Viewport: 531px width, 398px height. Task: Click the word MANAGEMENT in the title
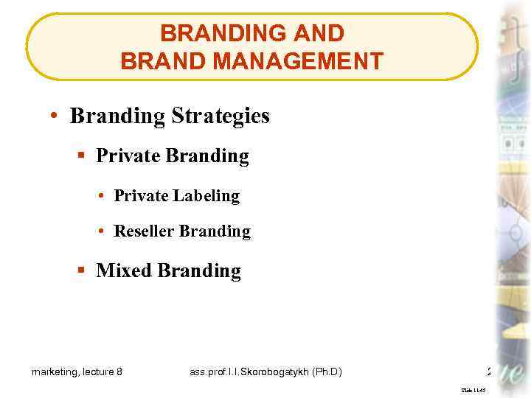click(303, 60)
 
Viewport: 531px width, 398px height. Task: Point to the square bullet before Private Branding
click(82, 156)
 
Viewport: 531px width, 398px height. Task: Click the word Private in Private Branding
click(128, 156)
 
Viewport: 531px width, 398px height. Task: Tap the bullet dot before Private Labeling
click(100, 196)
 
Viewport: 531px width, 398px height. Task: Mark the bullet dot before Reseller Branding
click(100, 231)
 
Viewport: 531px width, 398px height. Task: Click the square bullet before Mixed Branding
click(82, 271)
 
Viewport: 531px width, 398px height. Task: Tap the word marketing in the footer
click(56, 372)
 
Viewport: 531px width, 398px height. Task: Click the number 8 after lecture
click(119, 372)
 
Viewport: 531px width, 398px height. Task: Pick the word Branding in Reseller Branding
click(215, 231)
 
